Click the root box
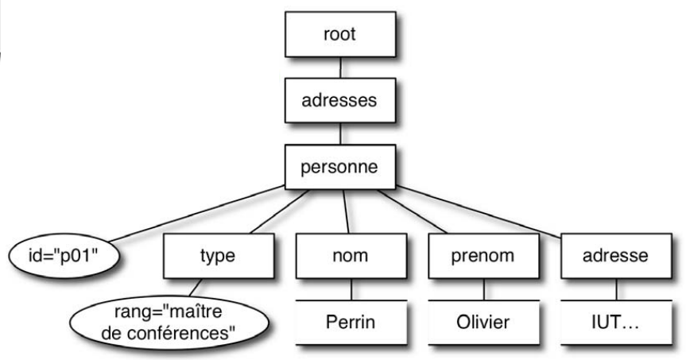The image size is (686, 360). pyautogui.click(x=341, y=34)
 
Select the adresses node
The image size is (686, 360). pyautogui.click(x=341, y=102)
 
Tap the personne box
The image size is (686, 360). pyautogui.click(x=341, y=168)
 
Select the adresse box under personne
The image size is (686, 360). pyautogui.click(x=615, y=256)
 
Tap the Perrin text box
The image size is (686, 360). pyautogui.click(x=350, y=323)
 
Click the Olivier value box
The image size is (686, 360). pyautogui.click(x=482, y=323)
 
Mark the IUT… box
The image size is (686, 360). pyautogui.click(x=615, y=323)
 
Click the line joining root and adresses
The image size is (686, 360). pyautogui.click(x=341, y=68)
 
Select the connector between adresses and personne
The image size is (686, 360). pyautogui.click(x=341, y=134)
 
